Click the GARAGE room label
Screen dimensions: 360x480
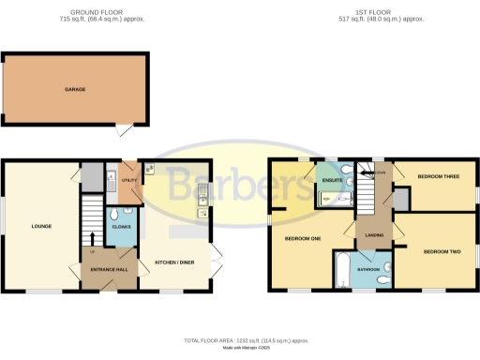[x=75, y=89]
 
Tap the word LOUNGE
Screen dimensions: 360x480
[x=40, y=226]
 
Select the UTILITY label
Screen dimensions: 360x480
[x=128, y=179]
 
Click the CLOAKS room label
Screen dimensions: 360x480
[x=120, y=226]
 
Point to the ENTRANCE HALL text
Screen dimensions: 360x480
[x=109, y=270]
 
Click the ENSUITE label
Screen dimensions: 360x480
[x=332, y=179]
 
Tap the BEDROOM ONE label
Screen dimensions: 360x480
[x=303, y=239]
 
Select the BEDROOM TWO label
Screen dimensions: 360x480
[x=442, y=252]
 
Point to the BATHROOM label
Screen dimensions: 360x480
[x=369, y=269]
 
